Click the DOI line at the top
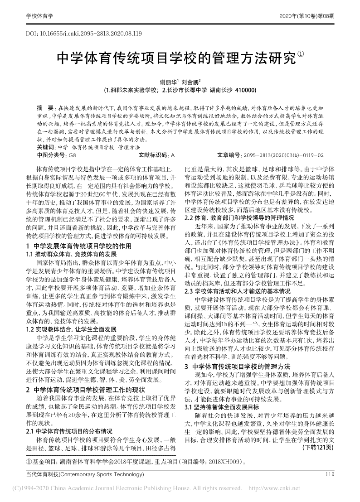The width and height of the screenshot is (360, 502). pyautogui.click(x=84, y=34)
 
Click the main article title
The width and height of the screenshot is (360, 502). pyautogui.click(x=176, y=58)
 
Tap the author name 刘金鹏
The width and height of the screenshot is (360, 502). pyautogui.click(x=189, y=83)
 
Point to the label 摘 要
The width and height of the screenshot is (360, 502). pyautogui.click(x=44, y=109)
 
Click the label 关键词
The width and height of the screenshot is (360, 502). pyautogui.click(x=46, y=147)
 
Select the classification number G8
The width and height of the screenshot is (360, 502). pyautogui.click(x=72, y=155)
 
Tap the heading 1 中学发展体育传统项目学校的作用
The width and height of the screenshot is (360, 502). pyautogui.click(x=78, y=246)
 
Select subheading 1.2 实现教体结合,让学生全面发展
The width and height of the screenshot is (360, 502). pyautogui.click(x=71, y=328)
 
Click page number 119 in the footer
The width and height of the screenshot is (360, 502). pyautogui.click(x=330, y=474)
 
